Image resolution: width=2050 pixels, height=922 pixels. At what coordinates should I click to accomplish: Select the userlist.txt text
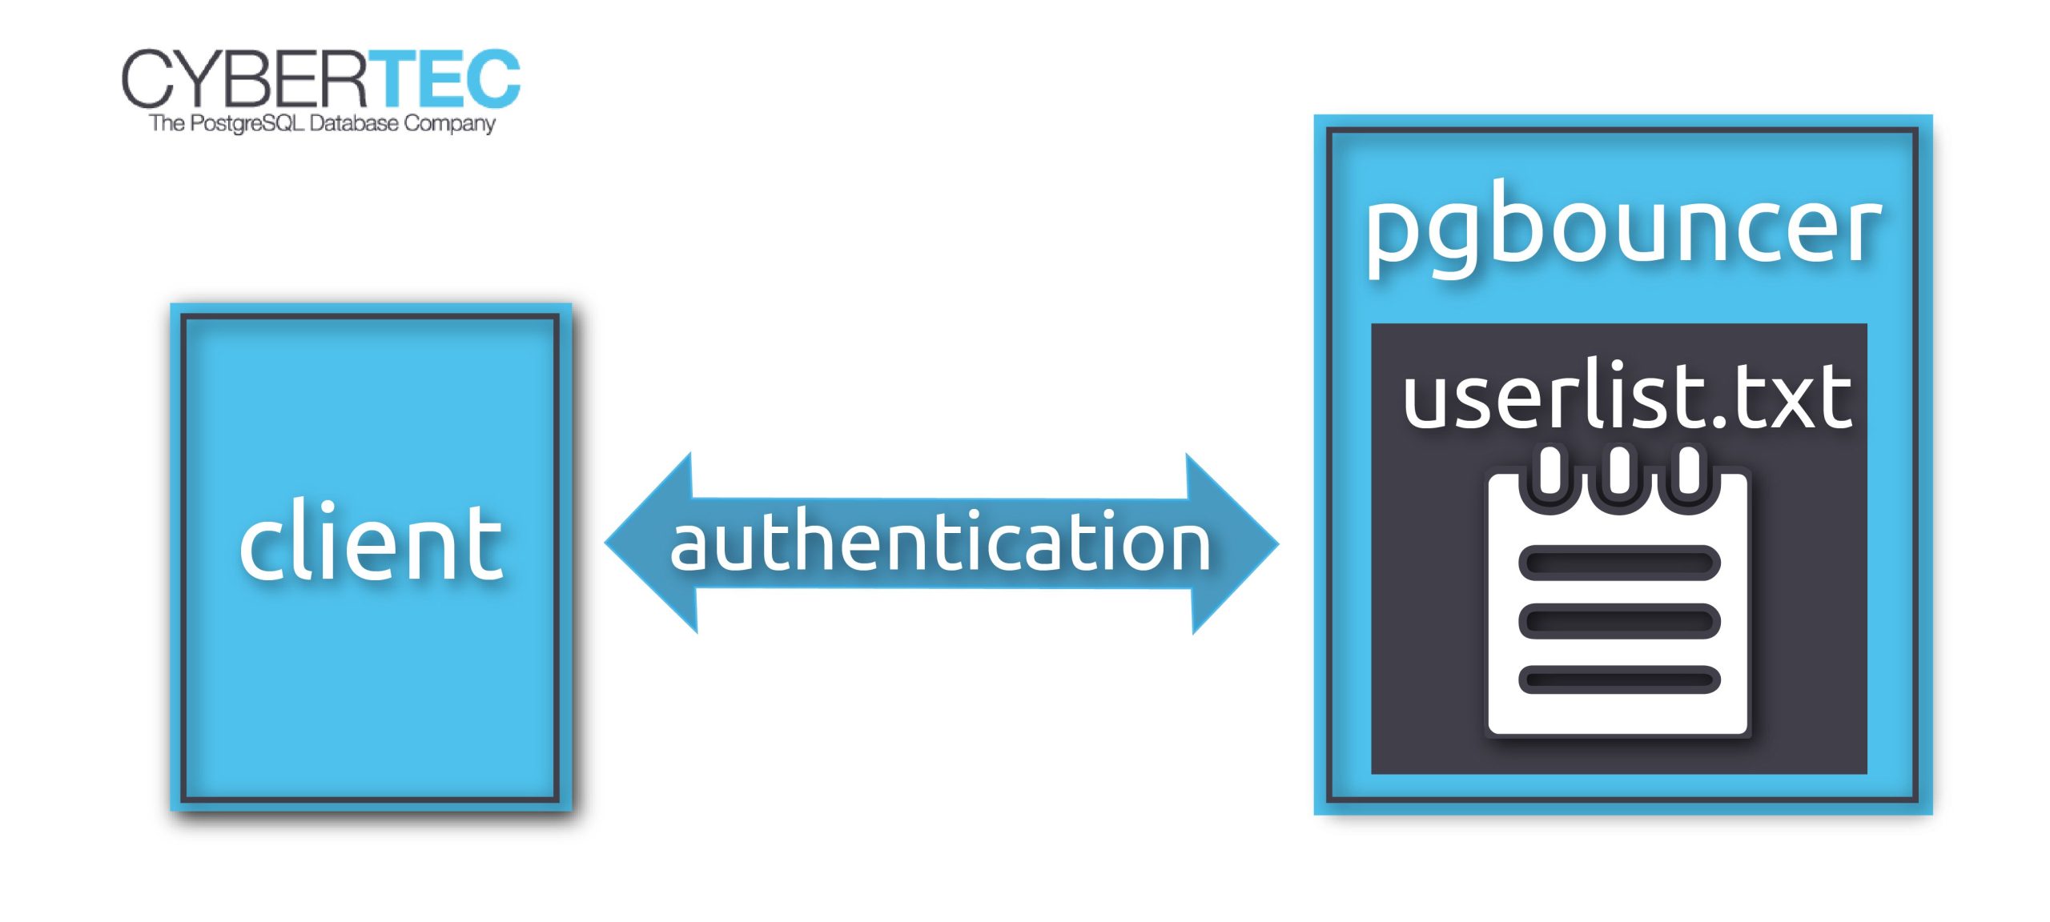(1626, 397)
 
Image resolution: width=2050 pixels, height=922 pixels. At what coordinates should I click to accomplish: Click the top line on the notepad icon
(1619, 563)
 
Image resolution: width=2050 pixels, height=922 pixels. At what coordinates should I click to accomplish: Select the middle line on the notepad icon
(1619, 621)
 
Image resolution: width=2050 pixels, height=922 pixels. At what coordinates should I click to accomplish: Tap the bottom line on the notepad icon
(1619, 680)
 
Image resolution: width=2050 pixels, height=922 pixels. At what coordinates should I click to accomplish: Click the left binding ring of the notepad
(1550, 471)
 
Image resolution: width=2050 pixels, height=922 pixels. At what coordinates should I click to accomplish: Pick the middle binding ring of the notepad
(1619, 471)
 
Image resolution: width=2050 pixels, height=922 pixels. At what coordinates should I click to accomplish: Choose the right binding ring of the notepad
(1689, 471)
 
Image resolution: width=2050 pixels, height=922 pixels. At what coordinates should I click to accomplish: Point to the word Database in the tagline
(353, 123)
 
